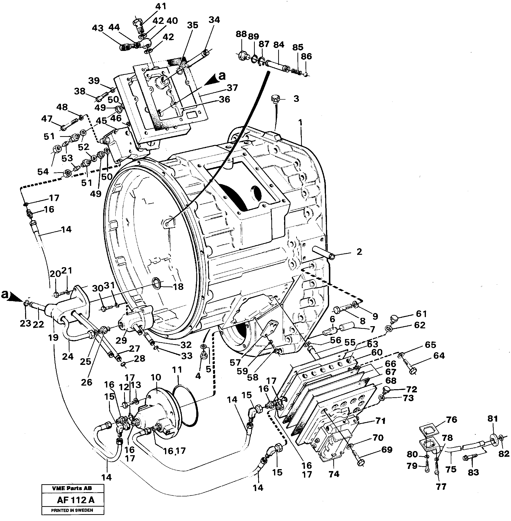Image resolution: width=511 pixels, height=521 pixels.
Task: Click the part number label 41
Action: tap(161, 6)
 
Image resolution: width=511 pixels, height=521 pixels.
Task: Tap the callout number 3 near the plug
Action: tap(296, 99)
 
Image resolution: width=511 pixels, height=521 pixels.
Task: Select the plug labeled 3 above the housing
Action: tap(275, 98)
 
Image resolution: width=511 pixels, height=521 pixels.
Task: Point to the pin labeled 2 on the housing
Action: tap(323, 252)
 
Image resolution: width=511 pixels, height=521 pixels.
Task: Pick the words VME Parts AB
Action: tap(72, 488)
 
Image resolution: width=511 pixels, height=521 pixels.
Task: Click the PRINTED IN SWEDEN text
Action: tap(72, 510)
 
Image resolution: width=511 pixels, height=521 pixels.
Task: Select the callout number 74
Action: tap(334, 474)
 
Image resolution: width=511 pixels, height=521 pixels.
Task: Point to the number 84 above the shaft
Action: tap(279, 45)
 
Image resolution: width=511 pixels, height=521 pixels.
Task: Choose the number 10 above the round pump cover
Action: tap(156, 377)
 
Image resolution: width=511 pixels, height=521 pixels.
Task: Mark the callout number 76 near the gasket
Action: tap(452, 420)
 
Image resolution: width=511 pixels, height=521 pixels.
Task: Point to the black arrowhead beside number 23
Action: tap(17, 297)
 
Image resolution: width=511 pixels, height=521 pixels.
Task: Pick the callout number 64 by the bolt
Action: tap(439, 356)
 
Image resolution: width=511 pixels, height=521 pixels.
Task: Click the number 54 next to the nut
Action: tap(43, 172)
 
